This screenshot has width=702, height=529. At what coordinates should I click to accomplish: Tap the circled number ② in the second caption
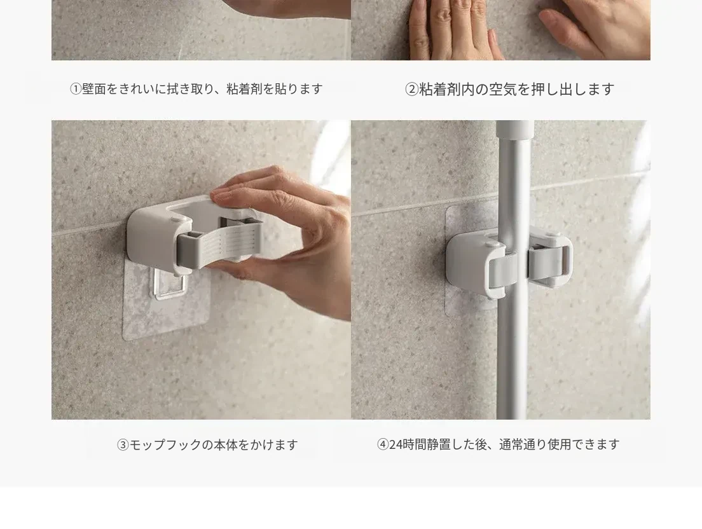[x=411, y=90]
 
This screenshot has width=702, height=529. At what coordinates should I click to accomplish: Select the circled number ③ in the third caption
[x=123, y=445]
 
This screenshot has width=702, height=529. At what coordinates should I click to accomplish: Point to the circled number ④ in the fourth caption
[x=383, y=444]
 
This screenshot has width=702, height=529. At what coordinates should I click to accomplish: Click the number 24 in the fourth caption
[x=396, y=444]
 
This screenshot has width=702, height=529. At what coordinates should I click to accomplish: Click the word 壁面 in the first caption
[x=94, y=89]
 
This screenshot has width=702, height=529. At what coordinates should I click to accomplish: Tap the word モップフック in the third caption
[x=165, y=445]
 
